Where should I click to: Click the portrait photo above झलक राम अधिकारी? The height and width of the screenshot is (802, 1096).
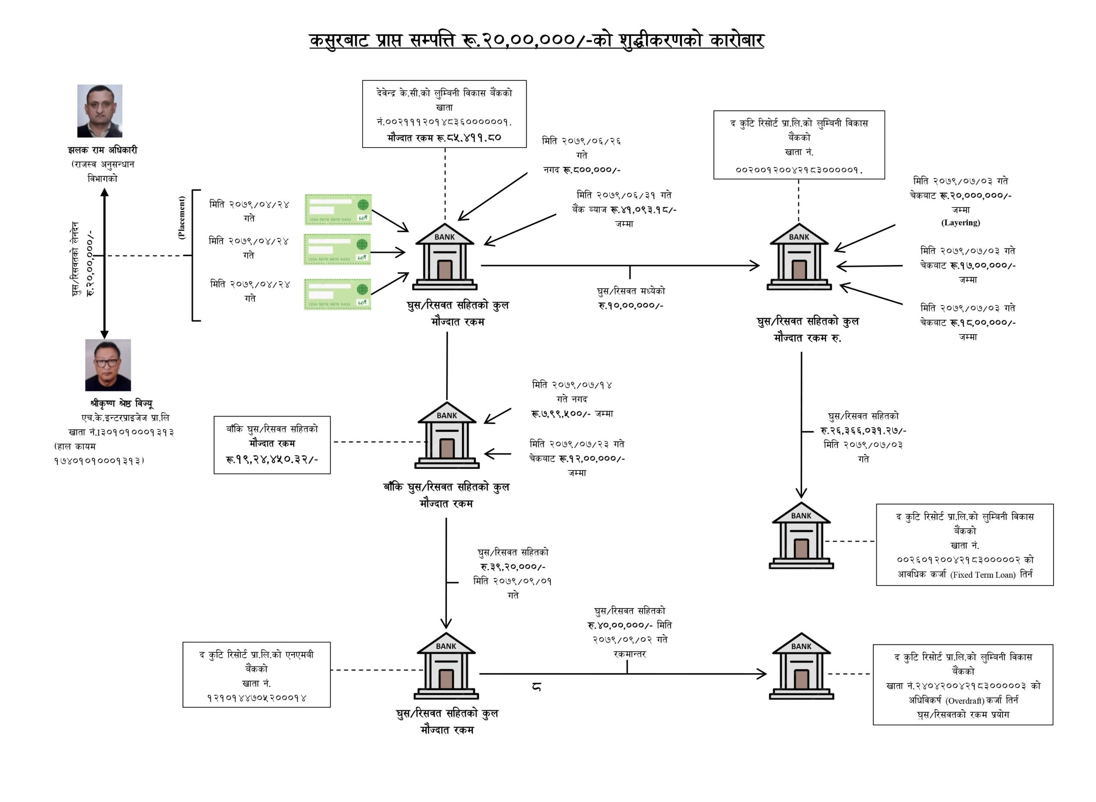[x=100, y=111]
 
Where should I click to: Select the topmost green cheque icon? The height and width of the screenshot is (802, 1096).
[x=338, y=210]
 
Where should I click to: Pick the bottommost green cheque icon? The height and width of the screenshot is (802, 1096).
[x=337, y=294]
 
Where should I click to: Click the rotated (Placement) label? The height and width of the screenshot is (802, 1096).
[x=182, y=217]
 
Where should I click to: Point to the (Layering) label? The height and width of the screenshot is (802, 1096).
[x=960, y=223]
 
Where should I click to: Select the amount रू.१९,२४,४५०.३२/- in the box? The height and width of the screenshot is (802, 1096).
[x=271, y=459]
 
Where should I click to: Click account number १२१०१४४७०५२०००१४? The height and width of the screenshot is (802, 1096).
[x=256, y=698]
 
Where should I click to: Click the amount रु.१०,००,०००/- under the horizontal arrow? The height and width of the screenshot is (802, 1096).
[x=631, y=305]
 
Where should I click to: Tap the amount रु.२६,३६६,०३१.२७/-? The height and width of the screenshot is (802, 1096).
[x=863, y=431]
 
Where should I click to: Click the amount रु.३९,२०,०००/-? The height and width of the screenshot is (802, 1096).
[x=512, y=567]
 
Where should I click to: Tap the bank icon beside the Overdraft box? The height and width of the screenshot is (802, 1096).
[x=801, y=666]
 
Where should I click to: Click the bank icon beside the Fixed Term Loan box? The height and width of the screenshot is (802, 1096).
[x=801, y=536]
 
